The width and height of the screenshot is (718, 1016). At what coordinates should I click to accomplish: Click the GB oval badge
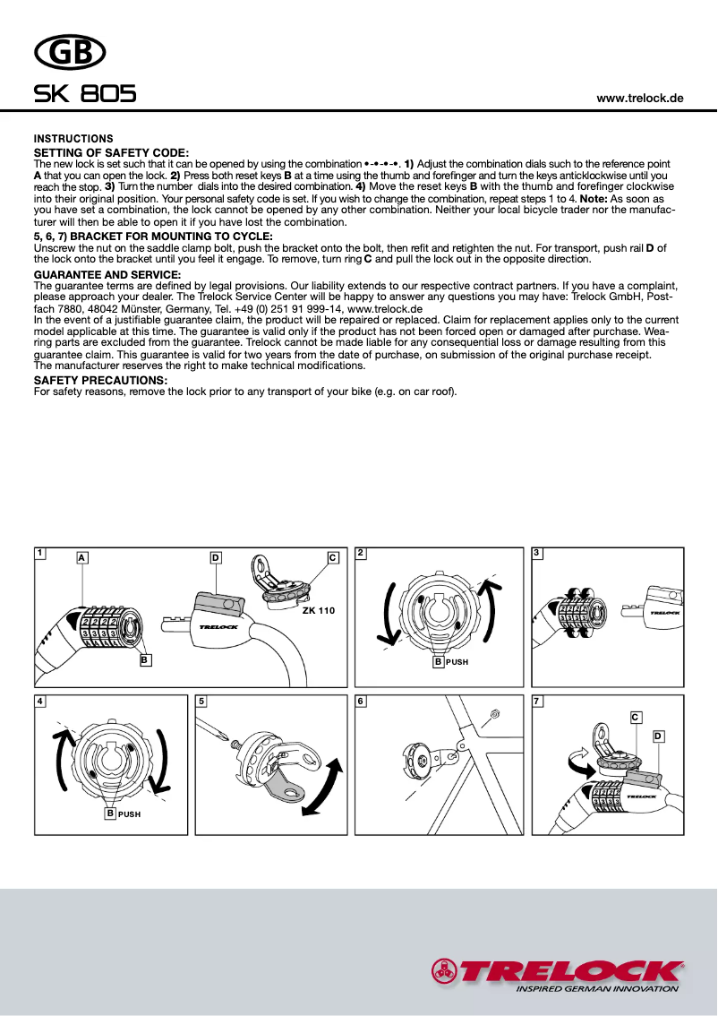70,54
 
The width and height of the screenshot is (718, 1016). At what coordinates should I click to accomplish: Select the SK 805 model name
85,94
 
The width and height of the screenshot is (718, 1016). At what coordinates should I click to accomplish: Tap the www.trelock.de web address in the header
640,98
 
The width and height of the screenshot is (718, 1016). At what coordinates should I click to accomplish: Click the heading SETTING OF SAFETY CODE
111,154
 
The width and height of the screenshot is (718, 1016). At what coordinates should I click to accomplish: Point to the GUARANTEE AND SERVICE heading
107,274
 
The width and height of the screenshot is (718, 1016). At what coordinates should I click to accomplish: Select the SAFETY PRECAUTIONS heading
100,381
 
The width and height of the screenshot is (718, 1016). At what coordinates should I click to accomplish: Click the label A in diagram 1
81,557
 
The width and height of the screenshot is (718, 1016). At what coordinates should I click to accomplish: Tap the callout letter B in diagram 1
144,660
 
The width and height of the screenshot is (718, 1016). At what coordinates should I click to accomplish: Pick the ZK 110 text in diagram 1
318,610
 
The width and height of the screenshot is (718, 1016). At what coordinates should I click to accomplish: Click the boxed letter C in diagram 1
333,557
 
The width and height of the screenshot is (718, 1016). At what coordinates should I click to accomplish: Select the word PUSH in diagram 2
457,662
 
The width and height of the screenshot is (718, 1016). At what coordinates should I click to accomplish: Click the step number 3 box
537,553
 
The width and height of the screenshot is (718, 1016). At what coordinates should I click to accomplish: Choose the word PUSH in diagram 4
129,814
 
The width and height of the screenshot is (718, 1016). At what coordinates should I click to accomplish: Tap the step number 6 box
361,701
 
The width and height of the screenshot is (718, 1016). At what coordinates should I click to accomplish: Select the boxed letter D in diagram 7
658,736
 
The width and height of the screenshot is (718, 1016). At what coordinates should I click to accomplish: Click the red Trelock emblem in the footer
443,970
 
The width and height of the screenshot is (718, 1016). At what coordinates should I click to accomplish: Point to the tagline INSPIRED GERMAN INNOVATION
597,989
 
